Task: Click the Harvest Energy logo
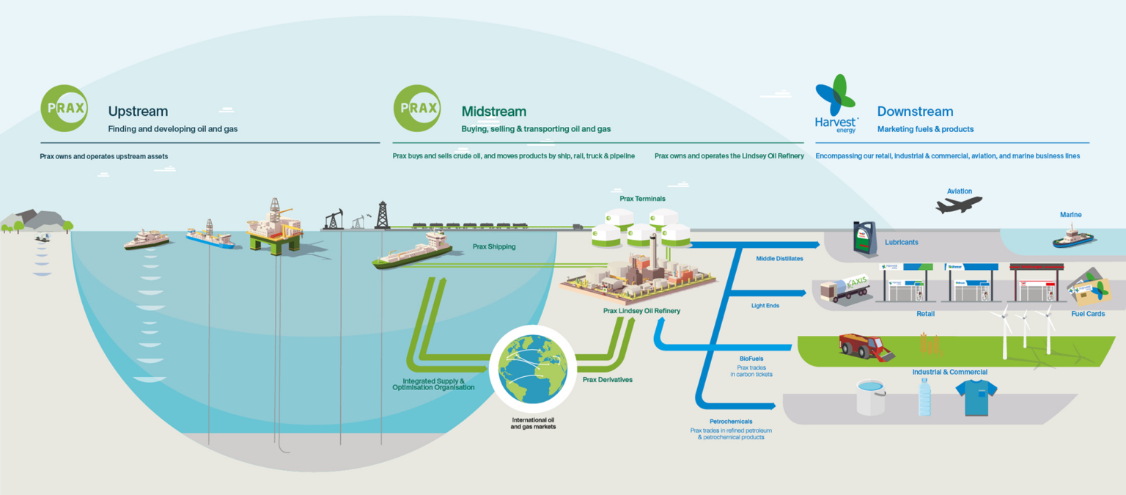point(836,103)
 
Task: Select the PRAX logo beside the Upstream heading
point(64,109)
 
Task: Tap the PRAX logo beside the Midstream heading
point(417,109)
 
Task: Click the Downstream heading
point(915,111)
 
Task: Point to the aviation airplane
point(959,205)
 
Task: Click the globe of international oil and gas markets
point(533,369)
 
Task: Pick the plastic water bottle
point(924,397)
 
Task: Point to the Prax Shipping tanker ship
point(412,252)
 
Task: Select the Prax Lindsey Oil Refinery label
point(641,311)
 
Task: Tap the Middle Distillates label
point(779,258)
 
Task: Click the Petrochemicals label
point(731,422)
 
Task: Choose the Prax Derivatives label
point(607,380)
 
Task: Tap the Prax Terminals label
point(642,199)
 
